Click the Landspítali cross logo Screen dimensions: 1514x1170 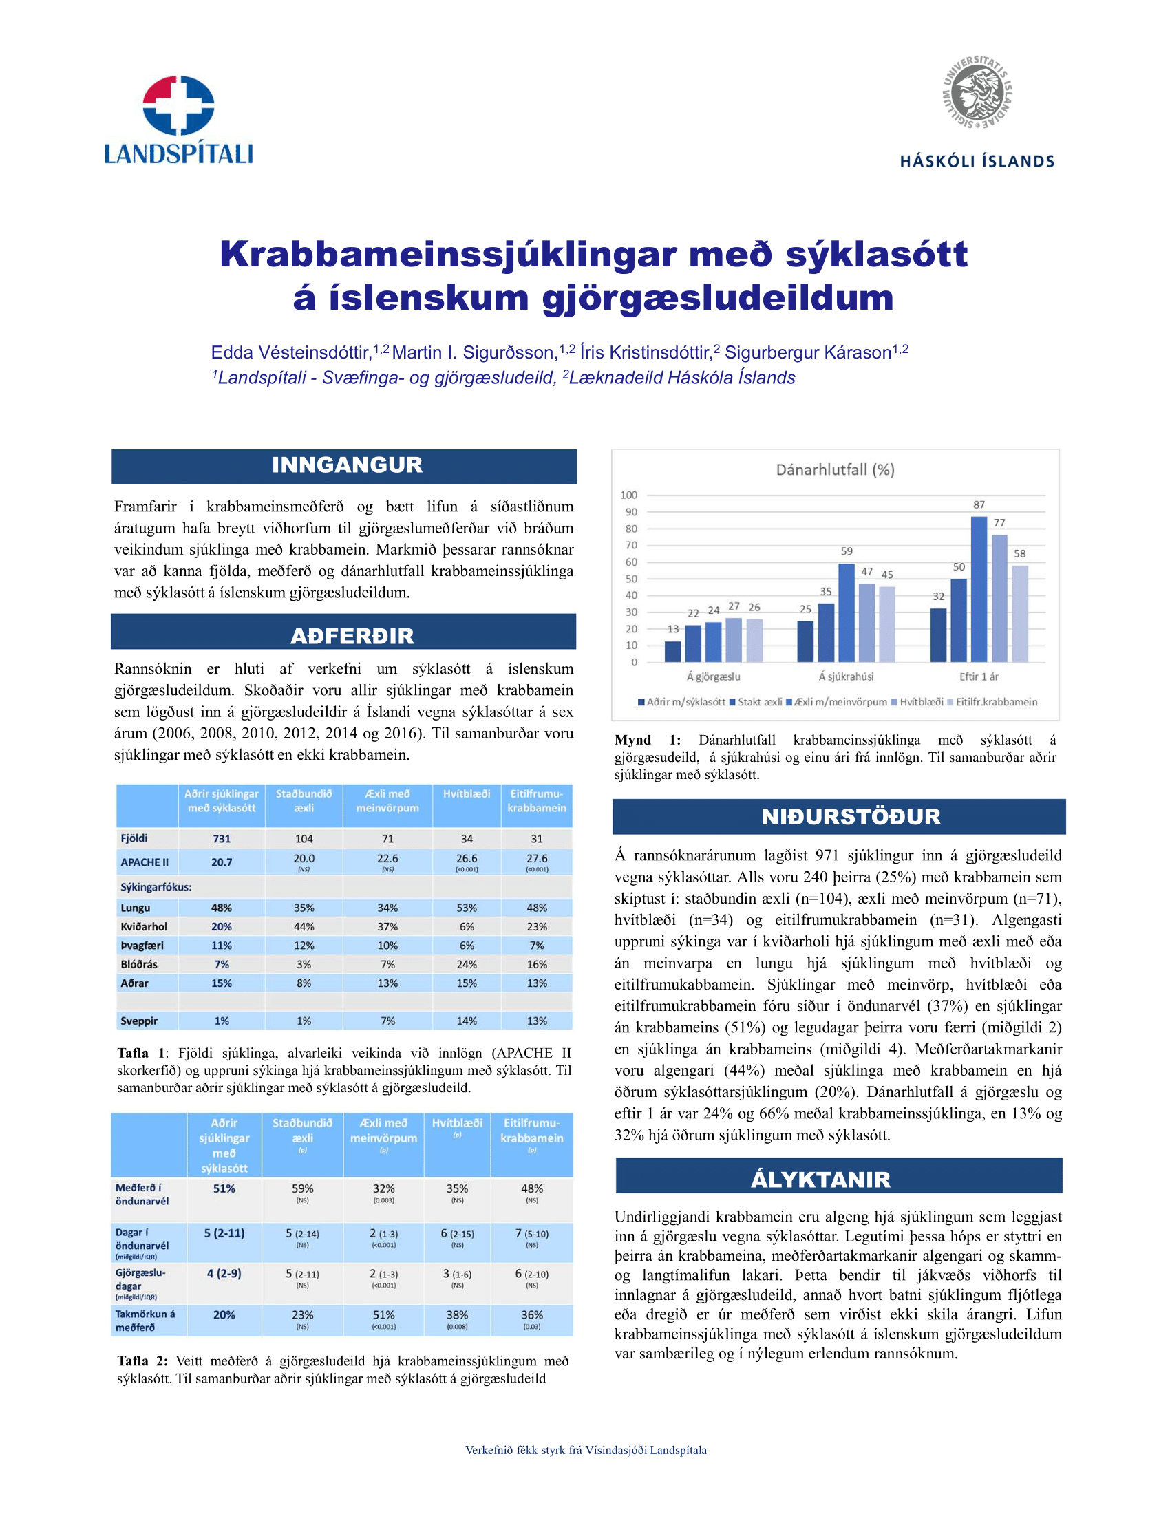pyautogui.click(x=178, y=105)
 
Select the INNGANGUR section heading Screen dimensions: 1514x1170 pyautogui.click(x=347, y=465)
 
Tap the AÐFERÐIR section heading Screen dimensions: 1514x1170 pyautogui.click(x=352, y=635)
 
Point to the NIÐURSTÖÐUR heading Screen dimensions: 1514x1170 pyautogui.click(x=851, y=817)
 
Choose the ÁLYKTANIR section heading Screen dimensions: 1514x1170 pyautogui.click(x=820, y=1179)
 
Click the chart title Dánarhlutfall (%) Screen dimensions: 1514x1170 pyautogui.click(x=836, y=470)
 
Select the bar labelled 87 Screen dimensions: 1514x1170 pyautogui.click(x=979, y=589)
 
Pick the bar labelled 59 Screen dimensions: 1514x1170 pyautogui.click(x=847, y=612)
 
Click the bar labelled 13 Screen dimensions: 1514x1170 pyautogui.click(x=673, y=651)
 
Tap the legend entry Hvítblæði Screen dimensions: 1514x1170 pyautogui.click(x=917, y=702)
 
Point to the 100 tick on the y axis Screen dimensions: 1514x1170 pyautogui.click(x=628, y=495)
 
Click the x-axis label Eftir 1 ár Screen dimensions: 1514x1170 pyautogui.click(x=979, y=676)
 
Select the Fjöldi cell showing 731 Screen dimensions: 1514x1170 pyautogui.click(x=222, y=839)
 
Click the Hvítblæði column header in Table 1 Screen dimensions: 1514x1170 pyautogui.click(x=467, y=793)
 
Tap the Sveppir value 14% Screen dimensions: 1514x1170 pyautogui.click(x=467, y=1021)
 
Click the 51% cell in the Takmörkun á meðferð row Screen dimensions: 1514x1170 pyautogui.click(x=383, y=1315)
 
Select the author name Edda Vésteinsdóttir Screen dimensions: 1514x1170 pyautogui.click(x=291, y=353)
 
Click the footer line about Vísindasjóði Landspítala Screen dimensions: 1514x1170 pyautogui.click(x=586, y=1450)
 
